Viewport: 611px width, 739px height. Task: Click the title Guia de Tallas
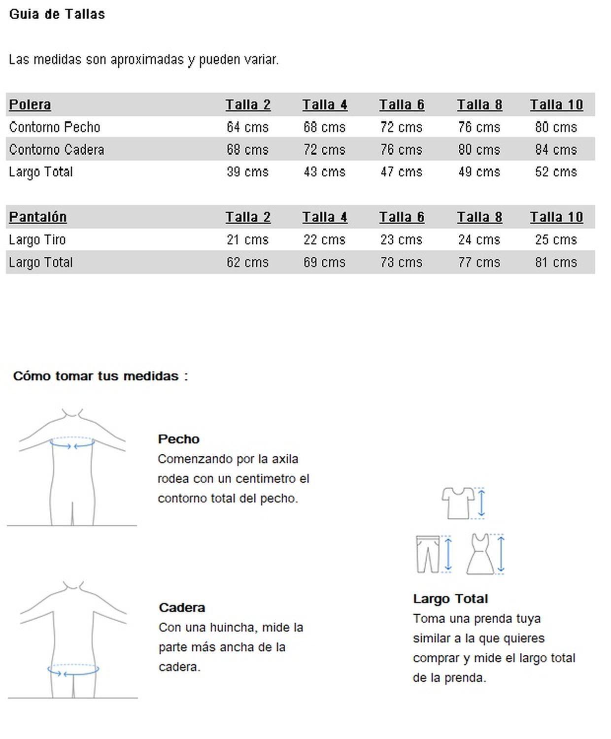pyautogui.click(x=57, y=14)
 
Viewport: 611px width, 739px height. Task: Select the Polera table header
pyautogui.click(x=30, y=104)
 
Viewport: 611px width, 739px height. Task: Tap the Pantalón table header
pyautogui.click(x=38, y=217)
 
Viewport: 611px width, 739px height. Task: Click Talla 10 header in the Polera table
pyautogui.click(x=556, y=104)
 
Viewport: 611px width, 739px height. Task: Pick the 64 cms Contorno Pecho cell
pyautogui.click(x=247, y=127)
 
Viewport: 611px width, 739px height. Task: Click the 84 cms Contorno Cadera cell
pyautogui.click(x=556, y=149)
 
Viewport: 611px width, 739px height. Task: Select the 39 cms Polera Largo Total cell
pyautogui.click(x=247, y=172)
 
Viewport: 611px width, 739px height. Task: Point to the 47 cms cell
pyautogui.click(x=401, y=172)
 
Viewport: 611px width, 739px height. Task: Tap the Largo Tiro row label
pyautogui.click(x=37, y=240)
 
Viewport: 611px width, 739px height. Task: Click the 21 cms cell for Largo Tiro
pyautogui.click(x=247, y=240)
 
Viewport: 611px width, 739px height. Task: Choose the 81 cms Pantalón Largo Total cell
pyautogui.click(x=556, y=262)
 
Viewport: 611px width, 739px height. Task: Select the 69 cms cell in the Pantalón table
pyautogui.click(x=324, y=262)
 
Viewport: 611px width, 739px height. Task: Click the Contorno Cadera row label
pyautogui.click(x=57, y=149)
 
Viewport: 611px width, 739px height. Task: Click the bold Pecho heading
pyautogui.click(x=178, y=439)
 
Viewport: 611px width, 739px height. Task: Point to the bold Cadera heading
pyautogui.click(x=182, y=607)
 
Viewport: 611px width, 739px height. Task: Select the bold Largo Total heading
pyautogui.click(x=450, y=599)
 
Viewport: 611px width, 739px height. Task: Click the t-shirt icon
pyautogui.click(x=458, y=503)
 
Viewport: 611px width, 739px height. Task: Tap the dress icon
pyautogui.click(x=480, y=554)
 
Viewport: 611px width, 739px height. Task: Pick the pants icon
pyautogui.click(x=427, y=554)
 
